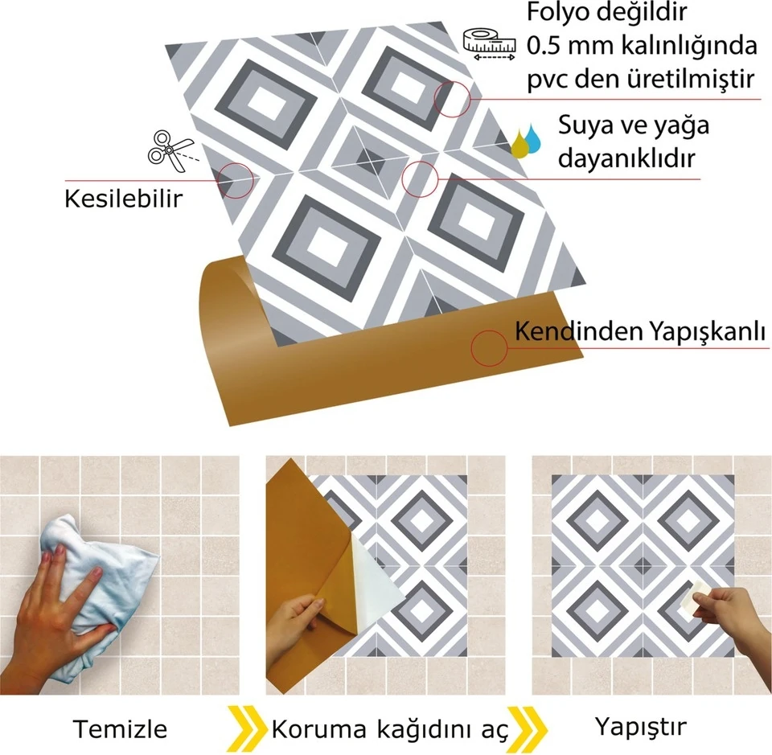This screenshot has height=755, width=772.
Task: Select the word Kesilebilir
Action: pyautogui.click(x=123, y=198)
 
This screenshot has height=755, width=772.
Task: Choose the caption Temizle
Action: pyautogui.click(x=121, y=728)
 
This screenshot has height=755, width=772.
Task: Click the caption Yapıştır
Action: pyautogui.click(x=641, y=727)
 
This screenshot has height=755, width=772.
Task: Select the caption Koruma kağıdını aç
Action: pyautogui.click(x=390, y=729)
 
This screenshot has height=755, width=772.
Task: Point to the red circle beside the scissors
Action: pyautogui.click(x=236, y=178)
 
